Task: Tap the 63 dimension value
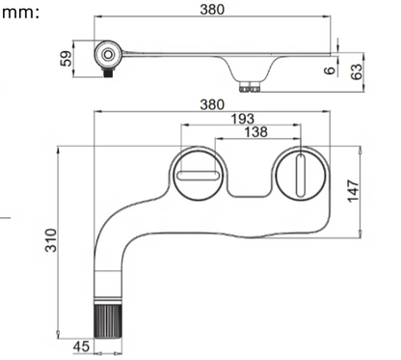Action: click(356, 70)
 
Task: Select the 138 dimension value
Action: click(255, 131)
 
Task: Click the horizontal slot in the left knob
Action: click(199, 174)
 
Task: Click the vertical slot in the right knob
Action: click(299, 176)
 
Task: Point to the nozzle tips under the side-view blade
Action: click(255, 88)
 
